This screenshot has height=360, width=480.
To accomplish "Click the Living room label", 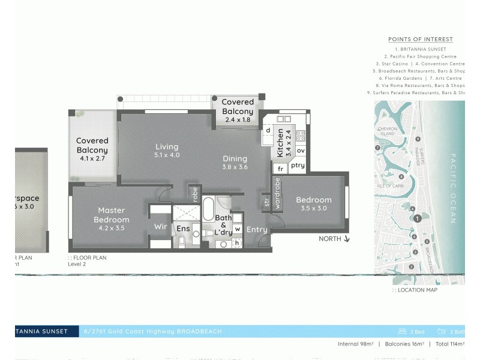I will coord(167,147).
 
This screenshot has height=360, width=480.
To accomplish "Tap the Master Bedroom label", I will coord(111,215).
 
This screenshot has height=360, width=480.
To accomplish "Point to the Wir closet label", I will coord(160,227).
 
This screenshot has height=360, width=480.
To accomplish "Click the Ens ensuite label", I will coord(183,228).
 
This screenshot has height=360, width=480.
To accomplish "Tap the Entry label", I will coord(257,229).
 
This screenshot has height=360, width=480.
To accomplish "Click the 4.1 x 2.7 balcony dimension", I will coord(92,159).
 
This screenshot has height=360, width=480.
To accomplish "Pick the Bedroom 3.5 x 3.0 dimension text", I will coord(313,209).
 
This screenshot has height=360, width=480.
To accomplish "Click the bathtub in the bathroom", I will coord(208,210).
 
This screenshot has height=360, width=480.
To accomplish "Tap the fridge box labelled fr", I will coord(280,169).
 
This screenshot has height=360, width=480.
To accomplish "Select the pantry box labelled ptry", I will coord(298,165).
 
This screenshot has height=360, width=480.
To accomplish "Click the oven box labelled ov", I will coord(301,151).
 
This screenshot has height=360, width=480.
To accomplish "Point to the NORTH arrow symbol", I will coord(346,239).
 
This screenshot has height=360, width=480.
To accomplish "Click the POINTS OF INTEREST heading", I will coord(420,39).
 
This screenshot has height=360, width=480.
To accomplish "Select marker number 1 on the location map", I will coord(416,219).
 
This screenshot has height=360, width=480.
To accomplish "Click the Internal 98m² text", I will coord(356,344).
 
